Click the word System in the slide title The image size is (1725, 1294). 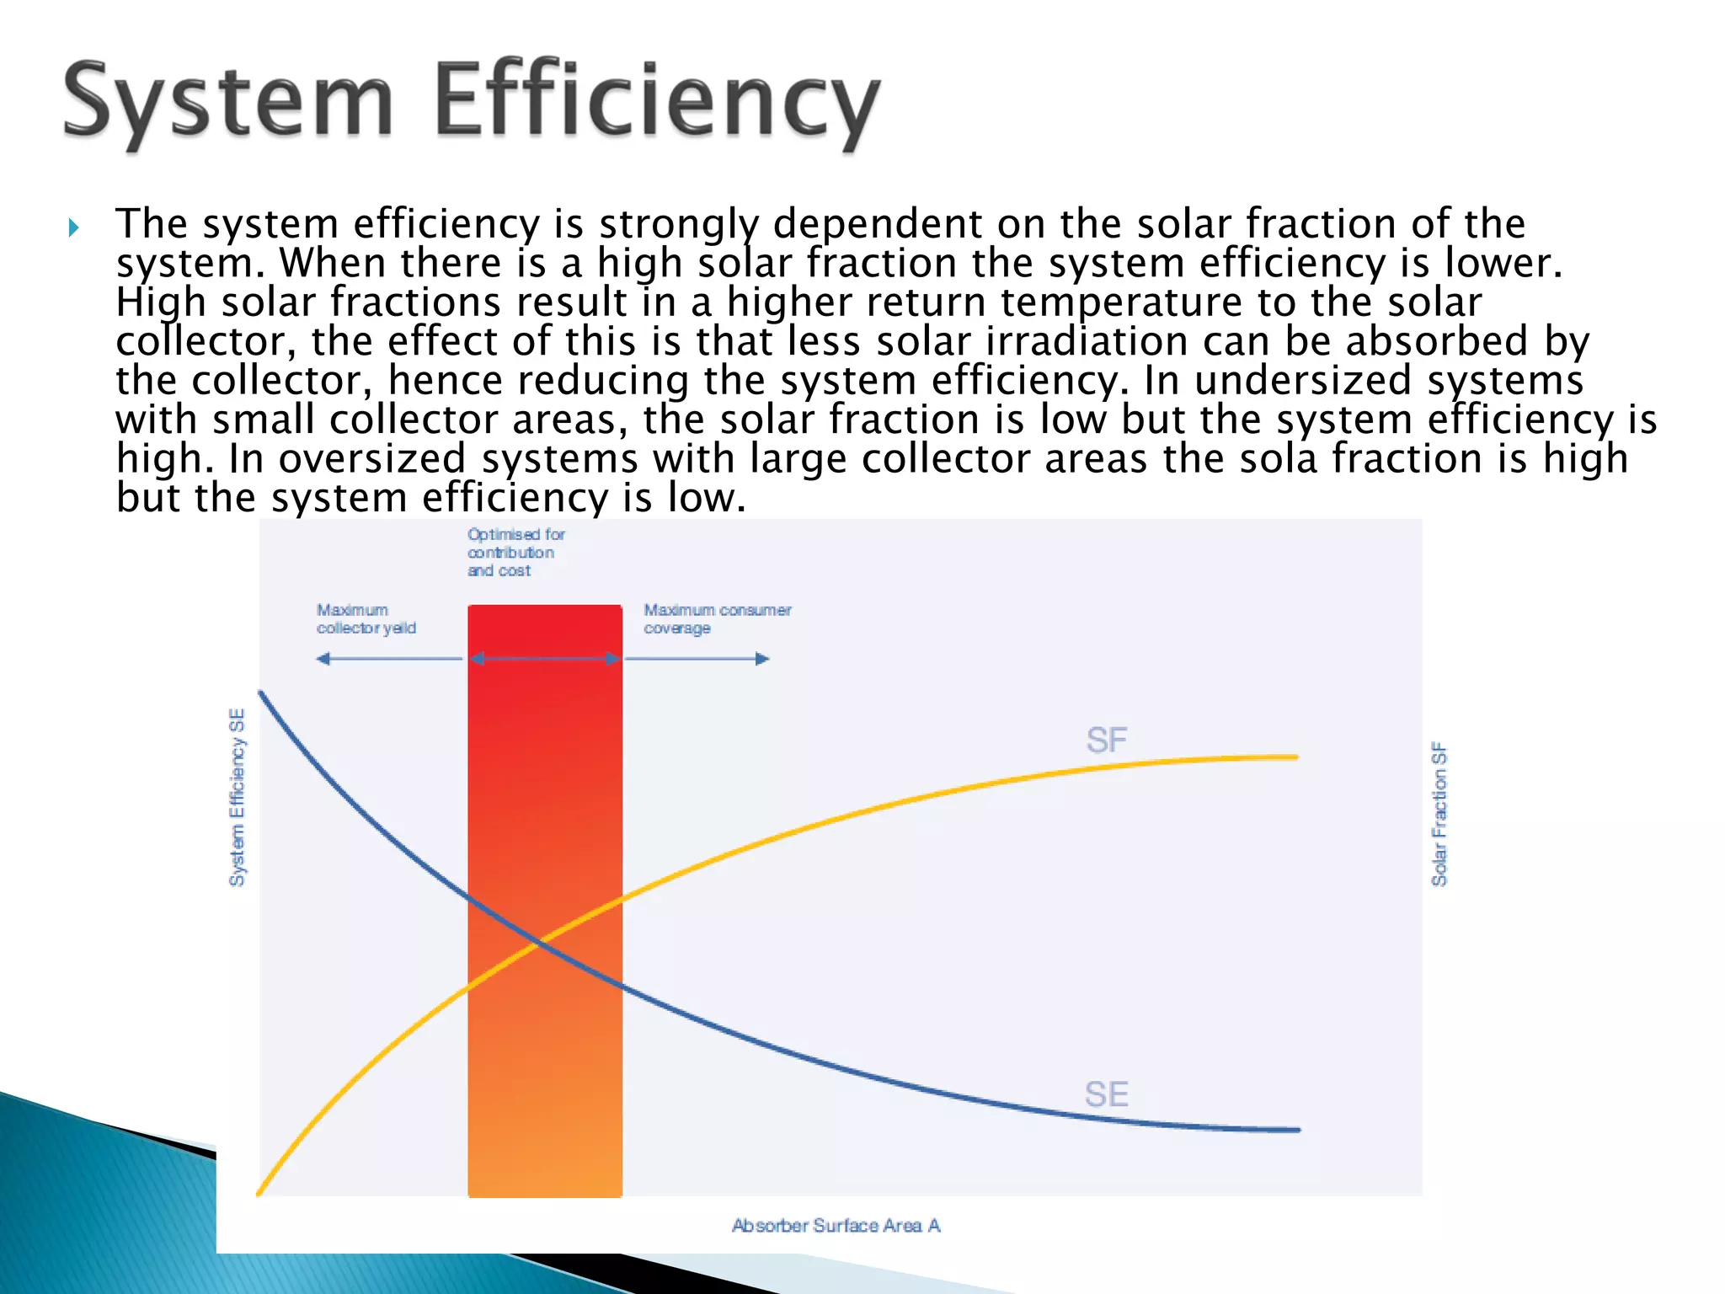(x=227, y=103)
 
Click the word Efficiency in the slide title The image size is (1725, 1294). (x=657, y=103)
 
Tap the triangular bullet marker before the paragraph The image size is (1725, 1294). (x=74, y=227)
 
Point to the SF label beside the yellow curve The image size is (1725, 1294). (x=1106, y=741)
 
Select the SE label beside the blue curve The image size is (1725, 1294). (x=1106, y=1094)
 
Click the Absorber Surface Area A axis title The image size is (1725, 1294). (x=836, y=1226)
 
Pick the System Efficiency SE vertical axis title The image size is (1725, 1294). (x=238, y=797)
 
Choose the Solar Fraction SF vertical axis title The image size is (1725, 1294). (x=1439, y=814)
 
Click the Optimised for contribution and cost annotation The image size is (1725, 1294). (x=515, y=553)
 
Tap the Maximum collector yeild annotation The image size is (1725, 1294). (x=366, y=619)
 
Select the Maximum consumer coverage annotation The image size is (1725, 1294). (x=717, y=619)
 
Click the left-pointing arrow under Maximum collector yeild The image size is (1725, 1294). (x=388, y=659)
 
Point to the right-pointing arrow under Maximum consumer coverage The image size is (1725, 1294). (x=697, y=659)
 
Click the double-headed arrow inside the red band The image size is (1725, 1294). (x=545, y=659)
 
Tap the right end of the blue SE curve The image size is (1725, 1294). (x=1298, y=1130)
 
